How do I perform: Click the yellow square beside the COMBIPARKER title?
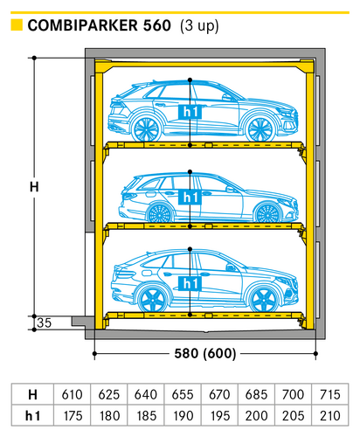pos(17,24)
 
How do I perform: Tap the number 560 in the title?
pos(156,25)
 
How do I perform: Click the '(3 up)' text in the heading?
pos(199,25)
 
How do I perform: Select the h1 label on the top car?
pos(190,112)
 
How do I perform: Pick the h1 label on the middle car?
pos(190,197)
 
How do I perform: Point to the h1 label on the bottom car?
pos(190,283)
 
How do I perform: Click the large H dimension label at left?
pos(34,186)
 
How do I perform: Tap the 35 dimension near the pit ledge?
pos(45,323)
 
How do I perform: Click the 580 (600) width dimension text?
pos(205,354)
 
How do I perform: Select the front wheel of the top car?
pos(260,129)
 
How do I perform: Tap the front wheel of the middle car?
pos(267,213)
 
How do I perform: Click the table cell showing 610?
pos(72,394)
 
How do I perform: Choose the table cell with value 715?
pos(329,394)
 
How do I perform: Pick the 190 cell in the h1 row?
pos(183,416)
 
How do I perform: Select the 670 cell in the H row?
pos(219,394)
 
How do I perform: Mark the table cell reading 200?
pos(256,416)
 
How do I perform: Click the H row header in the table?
pos(32,394)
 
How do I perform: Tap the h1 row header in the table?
pos(32,416)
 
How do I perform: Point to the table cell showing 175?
pos(72,416)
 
